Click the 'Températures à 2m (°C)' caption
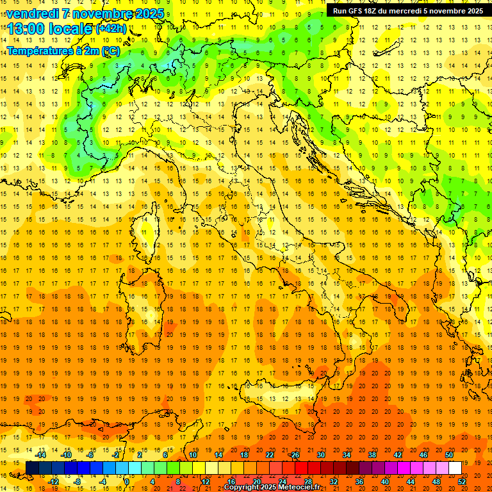coord(63,50)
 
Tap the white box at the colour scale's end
coord(455,468)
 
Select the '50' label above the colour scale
coord(448,455)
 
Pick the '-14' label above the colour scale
coord(41,455)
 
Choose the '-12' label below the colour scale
coord(54,481)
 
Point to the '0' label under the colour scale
coord(127,481)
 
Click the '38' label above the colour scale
coord(372,455)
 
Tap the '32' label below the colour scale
coord(333,481)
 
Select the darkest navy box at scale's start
coord(32,468)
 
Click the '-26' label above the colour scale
coord(294,455)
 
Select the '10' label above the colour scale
coord(192,455)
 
